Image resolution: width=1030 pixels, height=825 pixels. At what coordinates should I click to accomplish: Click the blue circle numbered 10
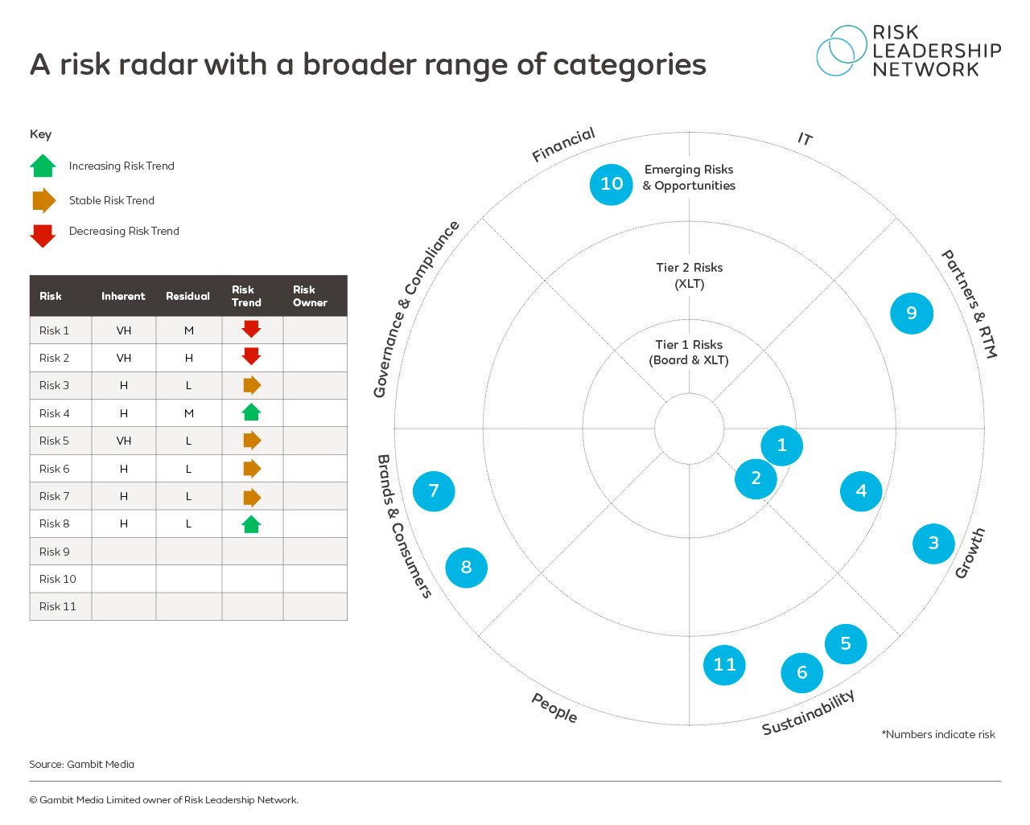611,184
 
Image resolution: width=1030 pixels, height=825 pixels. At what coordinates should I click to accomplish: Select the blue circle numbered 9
911,313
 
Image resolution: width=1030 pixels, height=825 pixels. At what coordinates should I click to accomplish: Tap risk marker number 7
434,490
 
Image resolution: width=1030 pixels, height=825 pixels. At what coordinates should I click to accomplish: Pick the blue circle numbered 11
724,664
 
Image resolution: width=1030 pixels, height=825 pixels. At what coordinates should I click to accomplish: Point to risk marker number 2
756,478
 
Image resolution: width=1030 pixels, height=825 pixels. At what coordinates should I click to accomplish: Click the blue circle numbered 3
933,544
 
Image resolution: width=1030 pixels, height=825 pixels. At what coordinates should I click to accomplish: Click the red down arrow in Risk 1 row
251,329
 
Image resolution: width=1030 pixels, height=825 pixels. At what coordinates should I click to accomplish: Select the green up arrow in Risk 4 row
251,412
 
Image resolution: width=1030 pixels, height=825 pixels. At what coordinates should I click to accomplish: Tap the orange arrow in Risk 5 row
252,441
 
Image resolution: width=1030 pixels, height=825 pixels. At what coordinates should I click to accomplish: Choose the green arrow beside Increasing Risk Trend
43,166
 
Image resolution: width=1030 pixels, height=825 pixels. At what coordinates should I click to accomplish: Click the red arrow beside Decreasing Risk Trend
43,235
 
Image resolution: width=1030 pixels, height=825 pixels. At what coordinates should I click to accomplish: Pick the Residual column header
187,296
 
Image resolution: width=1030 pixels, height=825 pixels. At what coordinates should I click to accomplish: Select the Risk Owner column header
310,296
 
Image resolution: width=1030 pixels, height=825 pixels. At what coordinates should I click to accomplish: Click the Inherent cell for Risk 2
123,358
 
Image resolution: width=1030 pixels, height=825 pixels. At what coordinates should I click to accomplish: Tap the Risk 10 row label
58,579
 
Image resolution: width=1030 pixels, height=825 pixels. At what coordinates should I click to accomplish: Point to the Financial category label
563,144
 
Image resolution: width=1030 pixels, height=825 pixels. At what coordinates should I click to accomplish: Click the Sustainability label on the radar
808,712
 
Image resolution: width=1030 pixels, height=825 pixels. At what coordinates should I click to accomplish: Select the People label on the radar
554,708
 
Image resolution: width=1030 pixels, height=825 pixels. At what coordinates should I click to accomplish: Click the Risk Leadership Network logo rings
840,51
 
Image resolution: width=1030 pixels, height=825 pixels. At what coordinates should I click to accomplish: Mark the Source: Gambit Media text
82,764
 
